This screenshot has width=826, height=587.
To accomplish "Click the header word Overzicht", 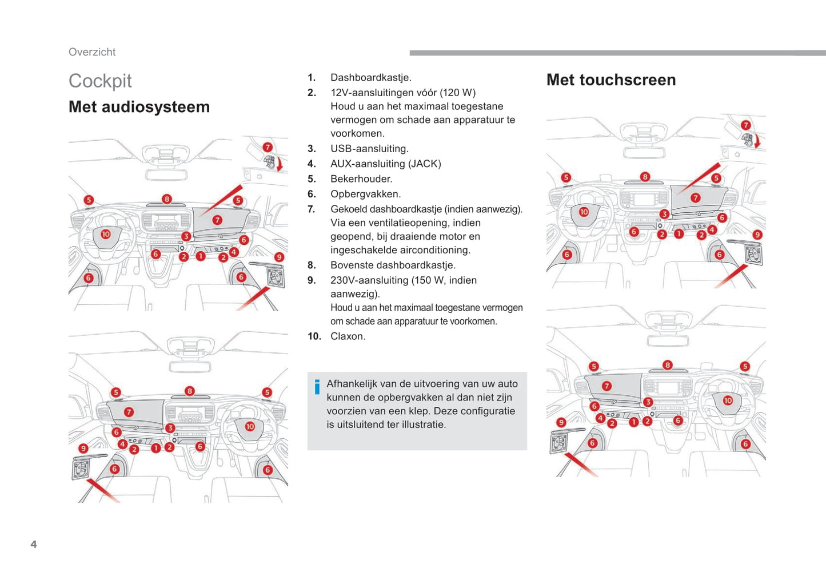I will (x=92, y=52).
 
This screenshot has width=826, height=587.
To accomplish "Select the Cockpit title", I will (x=100, y=81).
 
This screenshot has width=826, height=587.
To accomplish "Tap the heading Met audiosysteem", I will (x=139, y=107).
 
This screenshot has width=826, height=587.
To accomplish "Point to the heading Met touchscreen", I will (x=610, y=80).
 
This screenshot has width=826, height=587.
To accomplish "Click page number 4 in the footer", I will (x=34, y=544).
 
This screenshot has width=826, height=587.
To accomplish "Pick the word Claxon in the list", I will (x=348, y=336).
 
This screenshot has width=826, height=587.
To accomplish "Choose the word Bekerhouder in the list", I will (x=361, y=179).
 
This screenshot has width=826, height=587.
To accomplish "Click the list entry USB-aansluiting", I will (x=369, y=149).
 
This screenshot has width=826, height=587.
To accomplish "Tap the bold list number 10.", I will (x=314, y=336).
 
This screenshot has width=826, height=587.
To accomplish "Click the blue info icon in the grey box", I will (x=317, y=387).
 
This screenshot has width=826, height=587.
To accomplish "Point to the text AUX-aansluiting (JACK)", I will (x=385, y=164).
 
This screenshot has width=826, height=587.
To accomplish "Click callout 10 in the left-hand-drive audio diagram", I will (x=106, y=234).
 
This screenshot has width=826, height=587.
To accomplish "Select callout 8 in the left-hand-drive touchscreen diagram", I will (x=645, y=177).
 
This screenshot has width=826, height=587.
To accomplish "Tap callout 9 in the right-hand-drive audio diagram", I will (x=83, y=448).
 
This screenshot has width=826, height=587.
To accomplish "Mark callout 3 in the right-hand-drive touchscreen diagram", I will (x=648, y=402).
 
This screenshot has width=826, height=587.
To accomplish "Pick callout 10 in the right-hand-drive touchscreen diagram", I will (x=728, y=400).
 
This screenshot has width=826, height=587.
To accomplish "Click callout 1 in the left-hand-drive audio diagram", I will (x=201, y=256).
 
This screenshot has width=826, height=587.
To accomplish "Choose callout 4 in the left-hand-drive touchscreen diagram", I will (x=712, y=230).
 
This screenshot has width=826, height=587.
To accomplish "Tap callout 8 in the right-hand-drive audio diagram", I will (x=189, y=391).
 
